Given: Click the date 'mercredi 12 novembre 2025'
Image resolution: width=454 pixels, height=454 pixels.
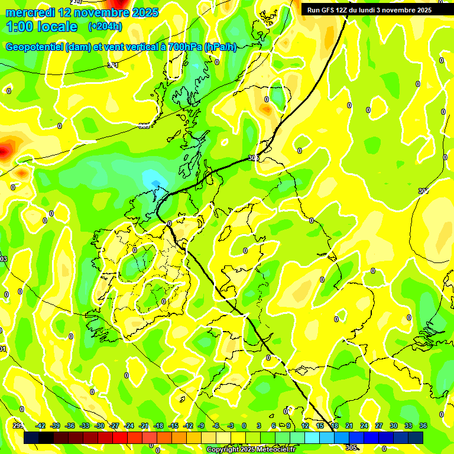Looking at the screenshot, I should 82,12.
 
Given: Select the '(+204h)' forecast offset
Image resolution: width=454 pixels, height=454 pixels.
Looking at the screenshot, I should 105,27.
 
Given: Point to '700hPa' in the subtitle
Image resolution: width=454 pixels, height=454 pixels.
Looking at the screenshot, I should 184,47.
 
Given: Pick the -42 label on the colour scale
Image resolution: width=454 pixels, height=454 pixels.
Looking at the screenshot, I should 41,426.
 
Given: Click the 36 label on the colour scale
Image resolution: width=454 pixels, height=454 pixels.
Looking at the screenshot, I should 423,426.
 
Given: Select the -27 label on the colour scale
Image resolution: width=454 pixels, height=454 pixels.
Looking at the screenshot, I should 114,426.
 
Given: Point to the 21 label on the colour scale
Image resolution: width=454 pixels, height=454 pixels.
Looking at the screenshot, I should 349,426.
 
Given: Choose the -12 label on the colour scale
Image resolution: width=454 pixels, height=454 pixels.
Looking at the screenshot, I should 188,426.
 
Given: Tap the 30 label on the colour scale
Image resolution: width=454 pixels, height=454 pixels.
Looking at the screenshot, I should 394,426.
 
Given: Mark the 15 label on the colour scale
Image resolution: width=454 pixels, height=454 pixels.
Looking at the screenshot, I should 320,426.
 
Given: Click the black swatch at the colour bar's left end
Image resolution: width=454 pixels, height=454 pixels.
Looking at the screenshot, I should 31,437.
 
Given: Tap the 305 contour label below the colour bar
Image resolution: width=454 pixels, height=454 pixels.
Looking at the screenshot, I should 351,447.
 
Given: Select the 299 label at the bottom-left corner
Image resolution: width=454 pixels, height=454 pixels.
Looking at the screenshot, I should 18,426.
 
